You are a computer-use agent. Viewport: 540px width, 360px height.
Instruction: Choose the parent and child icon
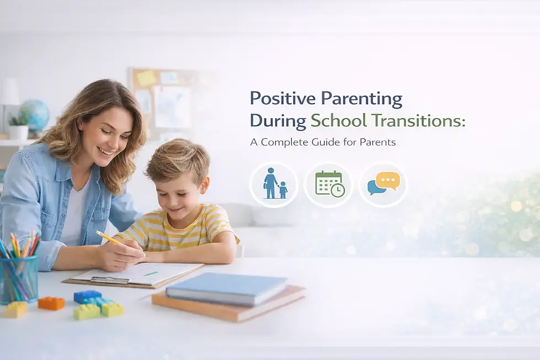click(x=274, y=184)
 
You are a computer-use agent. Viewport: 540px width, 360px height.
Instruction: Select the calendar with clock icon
click(x=329, y=184)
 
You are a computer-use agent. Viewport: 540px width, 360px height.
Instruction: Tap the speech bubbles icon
click(x=384, y=184)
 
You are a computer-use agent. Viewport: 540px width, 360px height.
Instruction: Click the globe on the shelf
click(x=35, y=115)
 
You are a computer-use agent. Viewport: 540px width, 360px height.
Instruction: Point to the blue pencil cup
click(x=19, y=278)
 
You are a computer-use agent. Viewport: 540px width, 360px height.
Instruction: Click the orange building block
click(x=51, y=303)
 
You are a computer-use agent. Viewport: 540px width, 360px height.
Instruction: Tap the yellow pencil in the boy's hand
click(x=110, y=239)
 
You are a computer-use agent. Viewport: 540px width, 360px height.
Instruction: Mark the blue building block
click(x=87, y=296)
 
